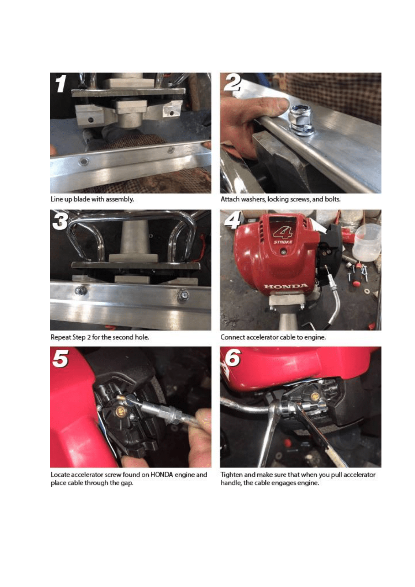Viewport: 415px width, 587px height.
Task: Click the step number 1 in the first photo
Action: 60,84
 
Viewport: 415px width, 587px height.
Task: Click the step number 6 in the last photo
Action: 233,357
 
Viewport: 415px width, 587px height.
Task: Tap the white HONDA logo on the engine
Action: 286,286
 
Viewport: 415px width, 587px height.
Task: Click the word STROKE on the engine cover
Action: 283,242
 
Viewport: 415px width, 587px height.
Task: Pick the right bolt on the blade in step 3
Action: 183,295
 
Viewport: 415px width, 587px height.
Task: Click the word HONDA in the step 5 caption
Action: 162,474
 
